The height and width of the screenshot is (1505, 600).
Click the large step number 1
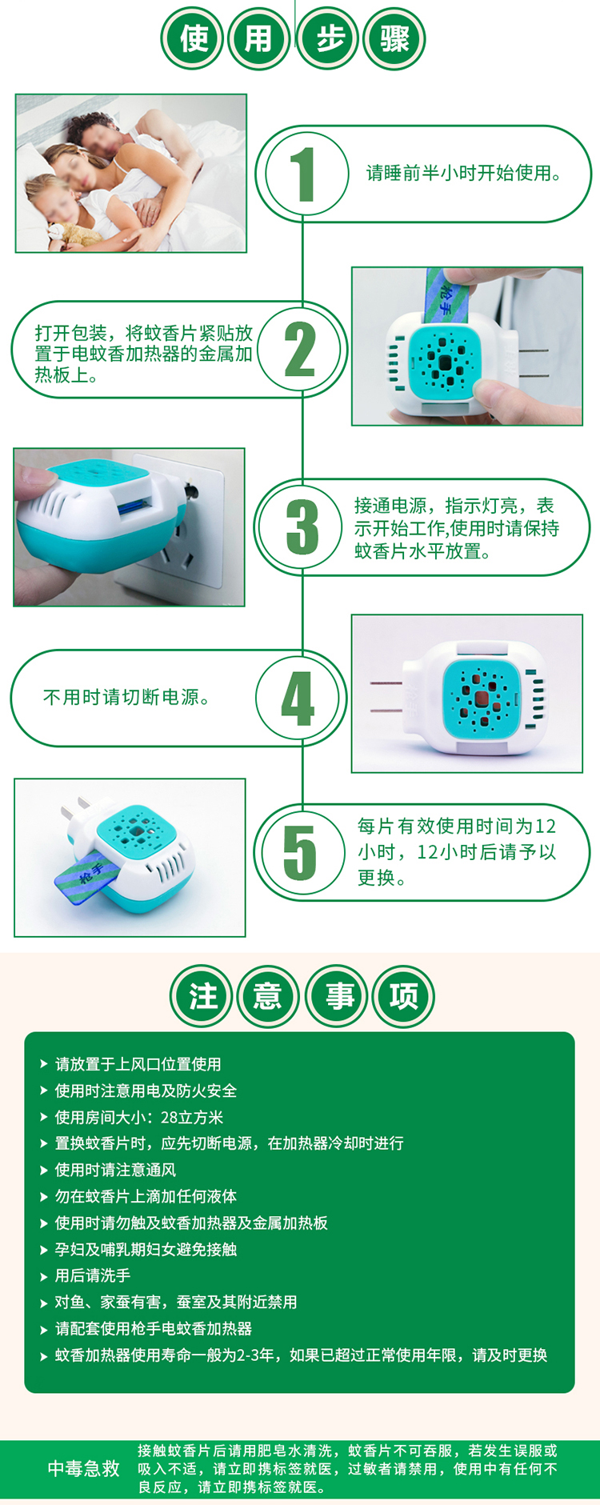[x=302, y=174]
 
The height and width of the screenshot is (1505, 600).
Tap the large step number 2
[x=300, y=350]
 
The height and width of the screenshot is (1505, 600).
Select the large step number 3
[x=302, y=527]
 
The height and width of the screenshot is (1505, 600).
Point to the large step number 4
[x=298, y=698]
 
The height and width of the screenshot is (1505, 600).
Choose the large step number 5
[x=300, y=853]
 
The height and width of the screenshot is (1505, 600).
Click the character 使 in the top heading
[x=194, y=38]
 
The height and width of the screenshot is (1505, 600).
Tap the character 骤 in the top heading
[x=394, y=38]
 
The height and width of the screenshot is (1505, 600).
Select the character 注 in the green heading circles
[x=202, y=997]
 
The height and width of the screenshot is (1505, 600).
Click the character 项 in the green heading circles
[x=403, y=997]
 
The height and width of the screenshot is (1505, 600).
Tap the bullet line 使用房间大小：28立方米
[x=138, y=1117]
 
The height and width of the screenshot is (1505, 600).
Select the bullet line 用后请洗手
[x=92, y=1275]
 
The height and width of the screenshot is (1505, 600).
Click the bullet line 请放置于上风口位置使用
[x=138, y=1064]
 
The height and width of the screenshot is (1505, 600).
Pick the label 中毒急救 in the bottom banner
[x=83, y=1469]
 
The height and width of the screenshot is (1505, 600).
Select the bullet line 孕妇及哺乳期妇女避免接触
[x=146, y=1249]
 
